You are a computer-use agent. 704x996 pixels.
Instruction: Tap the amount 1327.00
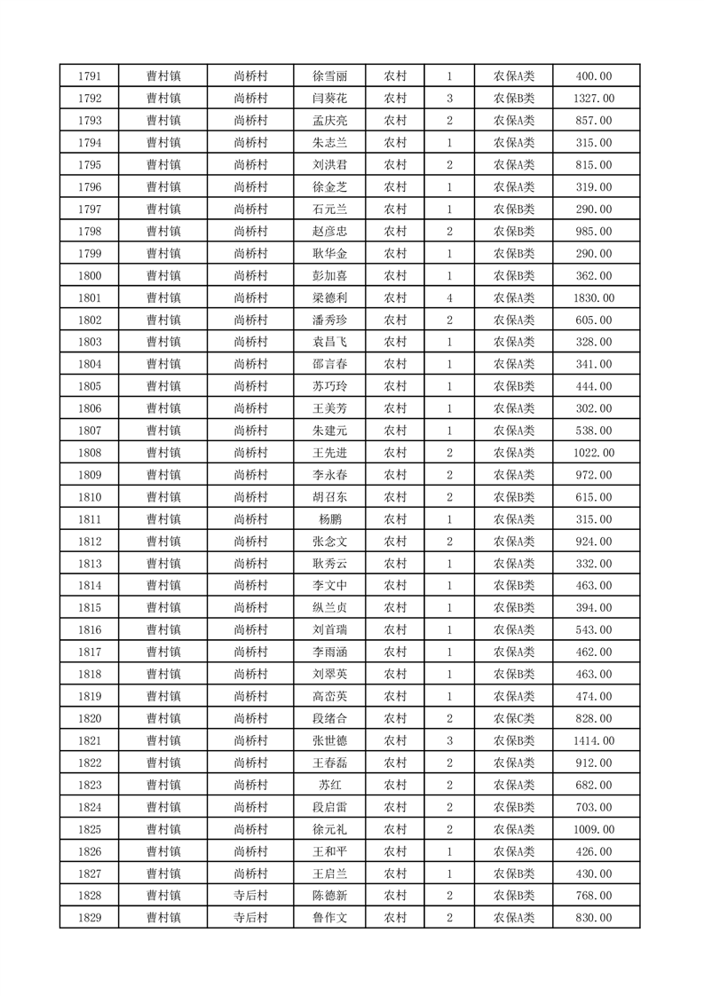[x=593, y=99]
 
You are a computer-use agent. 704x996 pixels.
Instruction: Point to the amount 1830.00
[x=593, y=298]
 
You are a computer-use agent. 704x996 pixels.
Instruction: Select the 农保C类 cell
[x=513, y=718]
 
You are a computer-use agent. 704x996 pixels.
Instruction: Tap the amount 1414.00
[x=593, y=740]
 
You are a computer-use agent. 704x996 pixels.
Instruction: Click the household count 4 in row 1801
[x=450, y=298]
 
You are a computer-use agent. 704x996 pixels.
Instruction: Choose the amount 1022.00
[x=593, y=453]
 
